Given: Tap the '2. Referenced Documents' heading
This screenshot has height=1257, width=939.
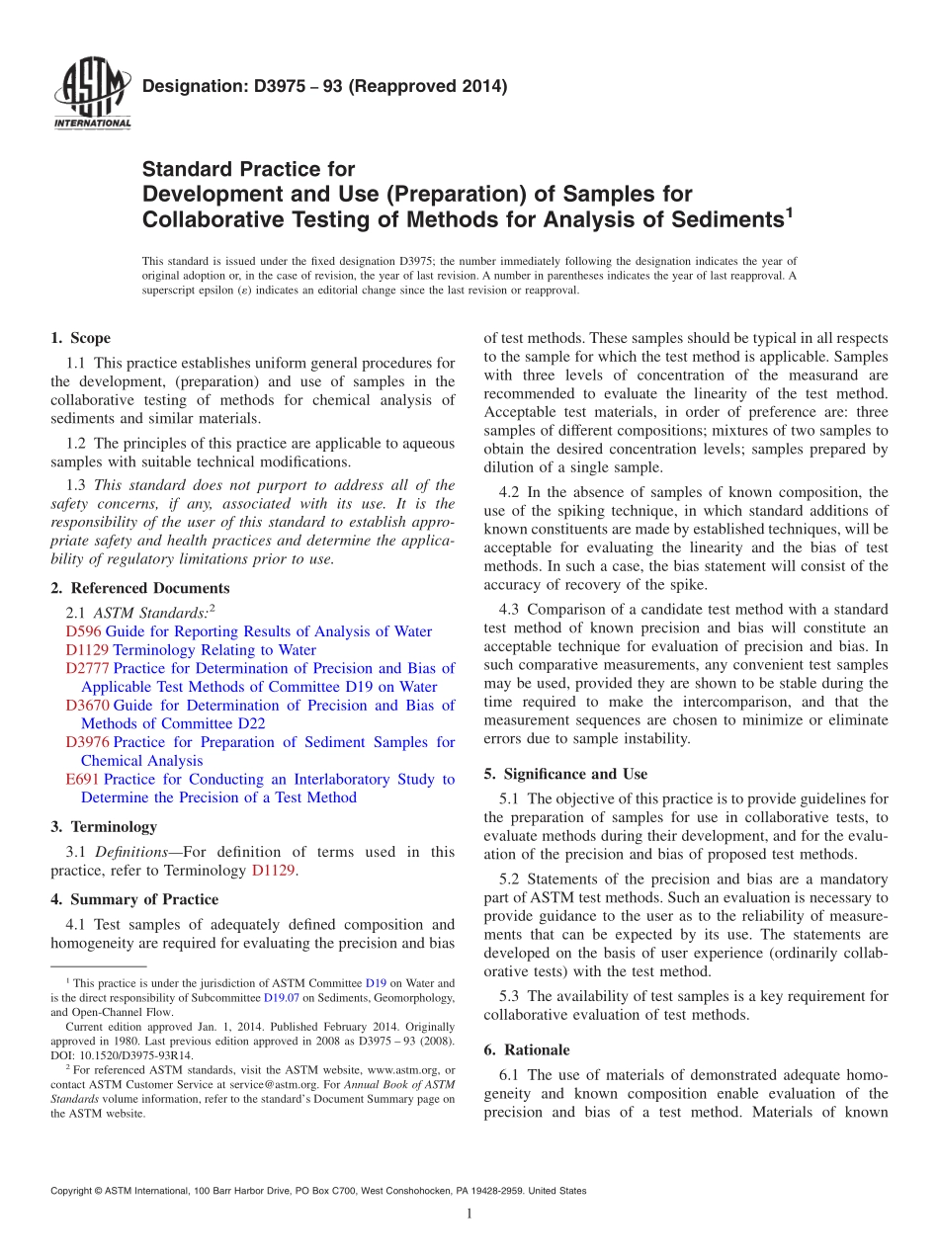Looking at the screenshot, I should pyautogui.click(x=140, y=588).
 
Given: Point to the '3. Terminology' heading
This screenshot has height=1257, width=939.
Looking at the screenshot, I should pyautogui.click(x=104, y=826).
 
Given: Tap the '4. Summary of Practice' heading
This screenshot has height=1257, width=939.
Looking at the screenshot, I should pyautogui.click(x=134, y=899).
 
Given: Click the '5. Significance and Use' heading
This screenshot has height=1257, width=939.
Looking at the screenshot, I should pyautogui.click(x=565, y=774).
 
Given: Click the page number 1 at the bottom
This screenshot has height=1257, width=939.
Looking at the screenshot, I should pyautogui.click(x=469, y=1214).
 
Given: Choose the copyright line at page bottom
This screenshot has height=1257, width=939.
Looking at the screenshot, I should pyautogui.click(x=318, y=1191).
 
